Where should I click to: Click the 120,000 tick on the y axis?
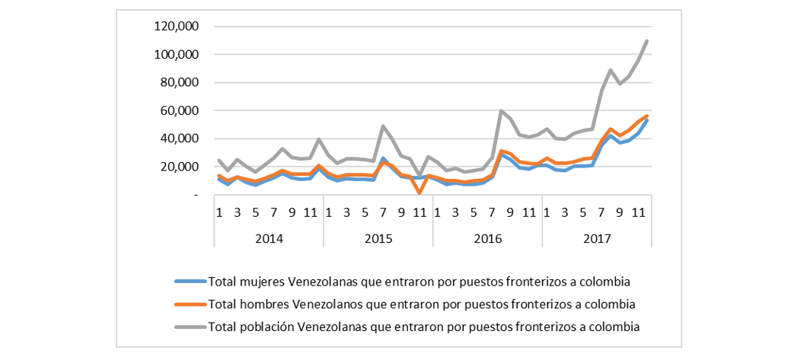(x=177, y=27)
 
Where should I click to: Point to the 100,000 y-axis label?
(x=177, y=55)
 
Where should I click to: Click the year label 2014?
(x=269, y=238)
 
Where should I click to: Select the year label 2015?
(x=378, y=238)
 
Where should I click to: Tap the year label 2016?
(x=488, y=238)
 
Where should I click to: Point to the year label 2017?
(x=598, y=238)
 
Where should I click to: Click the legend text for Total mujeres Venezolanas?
(x=420, y=282)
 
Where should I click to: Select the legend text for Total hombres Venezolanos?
(x=421, y=304)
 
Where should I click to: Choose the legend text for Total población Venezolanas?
(x=423, y=326)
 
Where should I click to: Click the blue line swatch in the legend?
(x=190, y=282)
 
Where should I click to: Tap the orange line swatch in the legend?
(x=190, y=304)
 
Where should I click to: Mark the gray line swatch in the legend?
(x=190, y=326)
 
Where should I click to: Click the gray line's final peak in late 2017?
(x=647, y=41)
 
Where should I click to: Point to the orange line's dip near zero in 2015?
(x=420, y=193)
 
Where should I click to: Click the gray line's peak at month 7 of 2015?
(x=383, y=126)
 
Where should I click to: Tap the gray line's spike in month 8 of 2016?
(x=502, y=111)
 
